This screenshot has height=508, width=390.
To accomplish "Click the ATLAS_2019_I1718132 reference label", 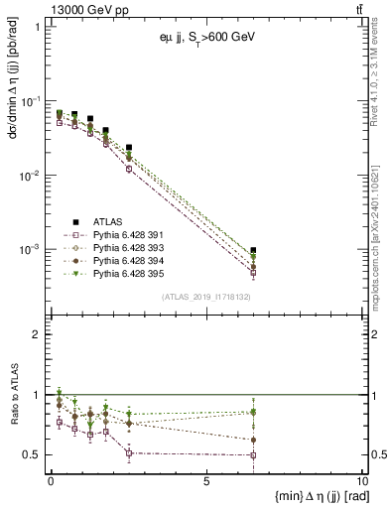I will (x=205, y=296).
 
